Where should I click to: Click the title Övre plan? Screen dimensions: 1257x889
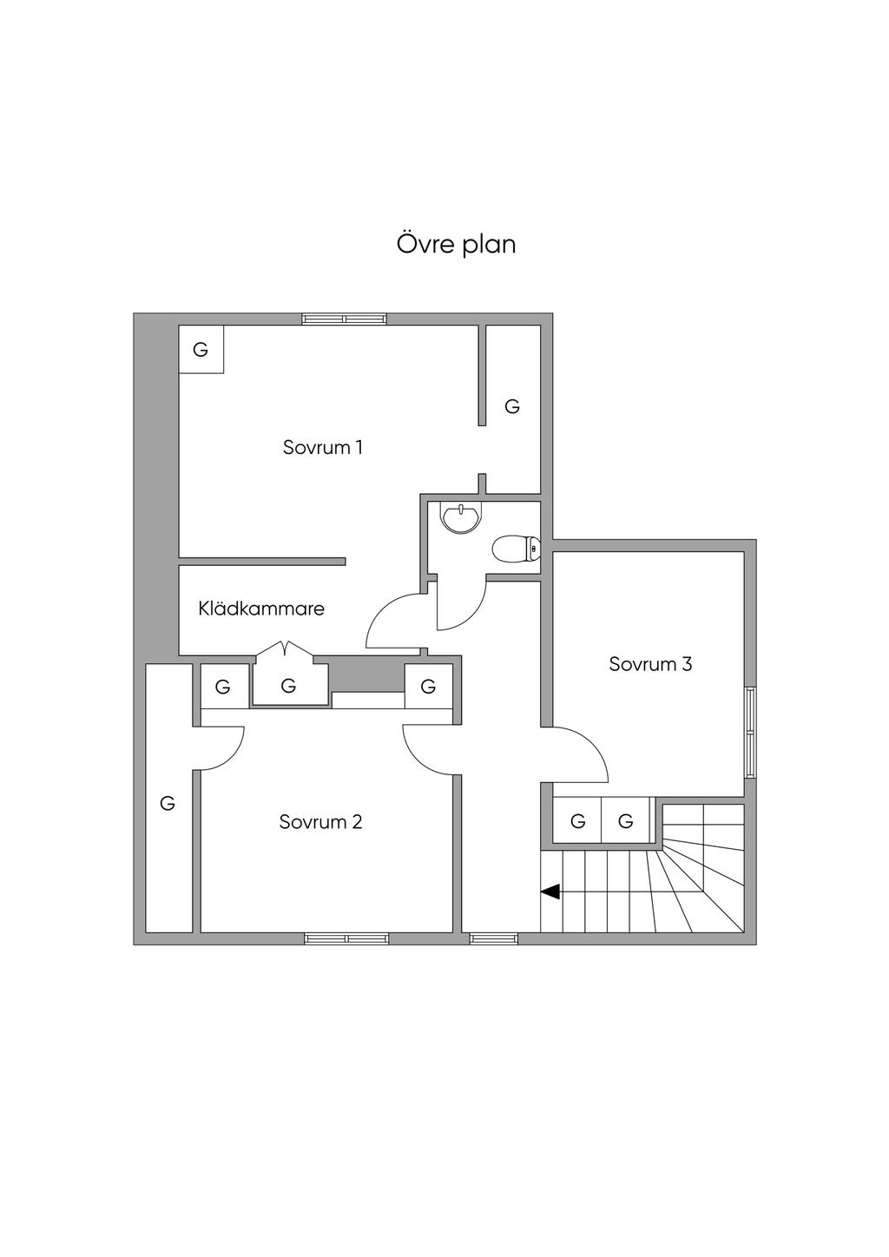[456, 244]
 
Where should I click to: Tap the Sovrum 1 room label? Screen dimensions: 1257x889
[322, 447]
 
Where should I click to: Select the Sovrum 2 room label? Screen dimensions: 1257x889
[320, 821]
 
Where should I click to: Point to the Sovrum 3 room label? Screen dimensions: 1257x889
[650, 664]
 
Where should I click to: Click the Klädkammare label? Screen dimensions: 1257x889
[261, 609]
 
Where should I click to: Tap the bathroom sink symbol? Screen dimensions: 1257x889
[459, 517]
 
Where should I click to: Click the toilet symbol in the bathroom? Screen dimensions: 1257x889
[516, 550]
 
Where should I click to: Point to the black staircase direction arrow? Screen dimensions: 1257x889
[550, 891]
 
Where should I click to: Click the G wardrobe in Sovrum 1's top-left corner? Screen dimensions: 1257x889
[201, 350]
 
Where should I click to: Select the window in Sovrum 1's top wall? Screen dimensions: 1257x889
[345, 319]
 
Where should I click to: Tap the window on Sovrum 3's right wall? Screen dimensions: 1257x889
[750, 733]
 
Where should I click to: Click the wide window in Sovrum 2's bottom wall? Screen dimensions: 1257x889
[346, 938]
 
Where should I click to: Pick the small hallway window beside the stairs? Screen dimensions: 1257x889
[492, 938]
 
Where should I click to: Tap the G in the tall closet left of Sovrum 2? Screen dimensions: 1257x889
[168, 804]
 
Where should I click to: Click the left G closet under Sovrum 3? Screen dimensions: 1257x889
[578, 820]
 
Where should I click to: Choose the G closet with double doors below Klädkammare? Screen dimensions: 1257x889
[289, 686]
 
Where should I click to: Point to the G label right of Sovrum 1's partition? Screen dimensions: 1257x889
[512, 406]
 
